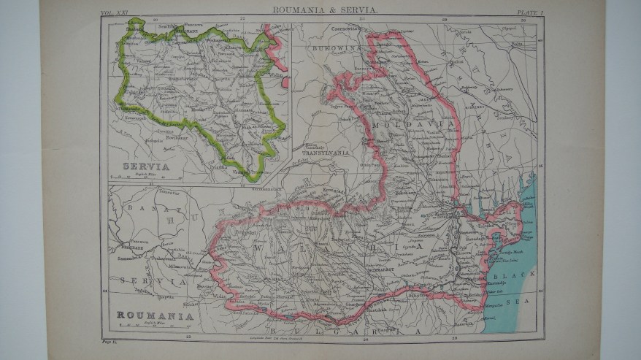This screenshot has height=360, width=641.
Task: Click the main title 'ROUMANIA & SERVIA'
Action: point(325,10)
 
